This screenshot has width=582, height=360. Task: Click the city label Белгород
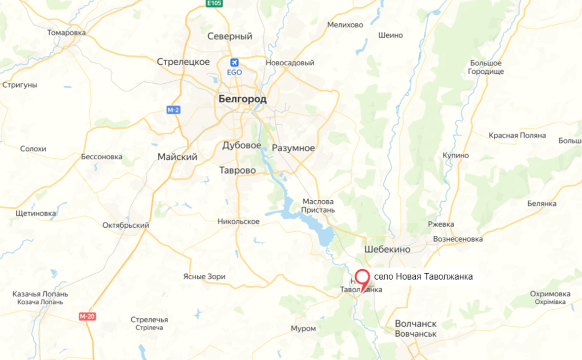tap(242, 99)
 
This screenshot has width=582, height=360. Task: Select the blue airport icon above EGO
tap(234, 63)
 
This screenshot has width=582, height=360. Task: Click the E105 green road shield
tap(214, 3)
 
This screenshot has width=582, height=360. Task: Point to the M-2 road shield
tap(173, 110)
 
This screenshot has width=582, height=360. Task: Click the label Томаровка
tap(66, 33)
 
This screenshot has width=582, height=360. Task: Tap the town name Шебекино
tap(387, 250)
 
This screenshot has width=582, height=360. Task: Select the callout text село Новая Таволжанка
tap(423, 277)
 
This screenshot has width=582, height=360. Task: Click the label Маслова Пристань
tap(318, 206)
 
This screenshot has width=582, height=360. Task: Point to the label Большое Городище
tap(486, 68)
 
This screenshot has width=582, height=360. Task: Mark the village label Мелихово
tap(345, 25)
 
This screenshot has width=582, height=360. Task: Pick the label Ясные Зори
tap(204, 277)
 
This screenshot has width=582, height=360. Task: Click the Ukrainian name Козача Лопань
tap(40, 302)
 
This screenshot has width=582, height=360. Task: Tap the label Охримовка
tap(550, 294)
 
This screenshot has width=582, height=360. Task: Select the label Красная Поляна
tap(517, 135)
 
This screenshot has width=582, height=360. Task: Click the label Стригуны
tap(20, 85)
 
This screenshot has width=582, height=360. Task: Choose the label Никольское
tap(239, 221)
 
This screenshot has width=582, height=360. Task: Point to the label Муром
tap(303, 328)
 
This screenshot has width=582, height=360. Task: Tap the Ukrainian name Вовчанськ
tap(416, 334)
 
